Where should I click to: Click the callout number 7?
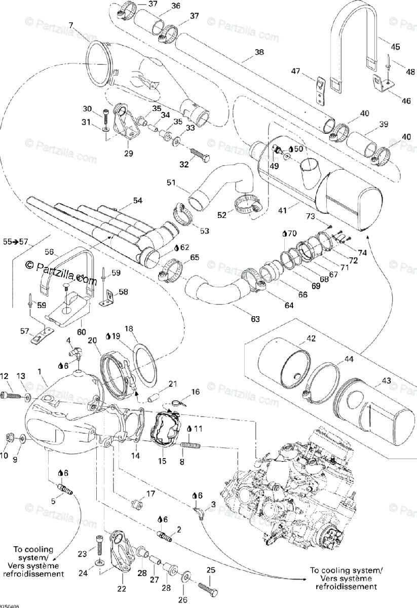(70, 25)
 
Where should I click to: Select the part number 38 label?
(259, 52)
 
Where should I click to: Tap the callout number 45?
(395, 47)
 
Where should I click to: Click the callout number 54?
(138, 201)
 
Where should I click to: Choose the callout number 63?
(255, 319)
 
